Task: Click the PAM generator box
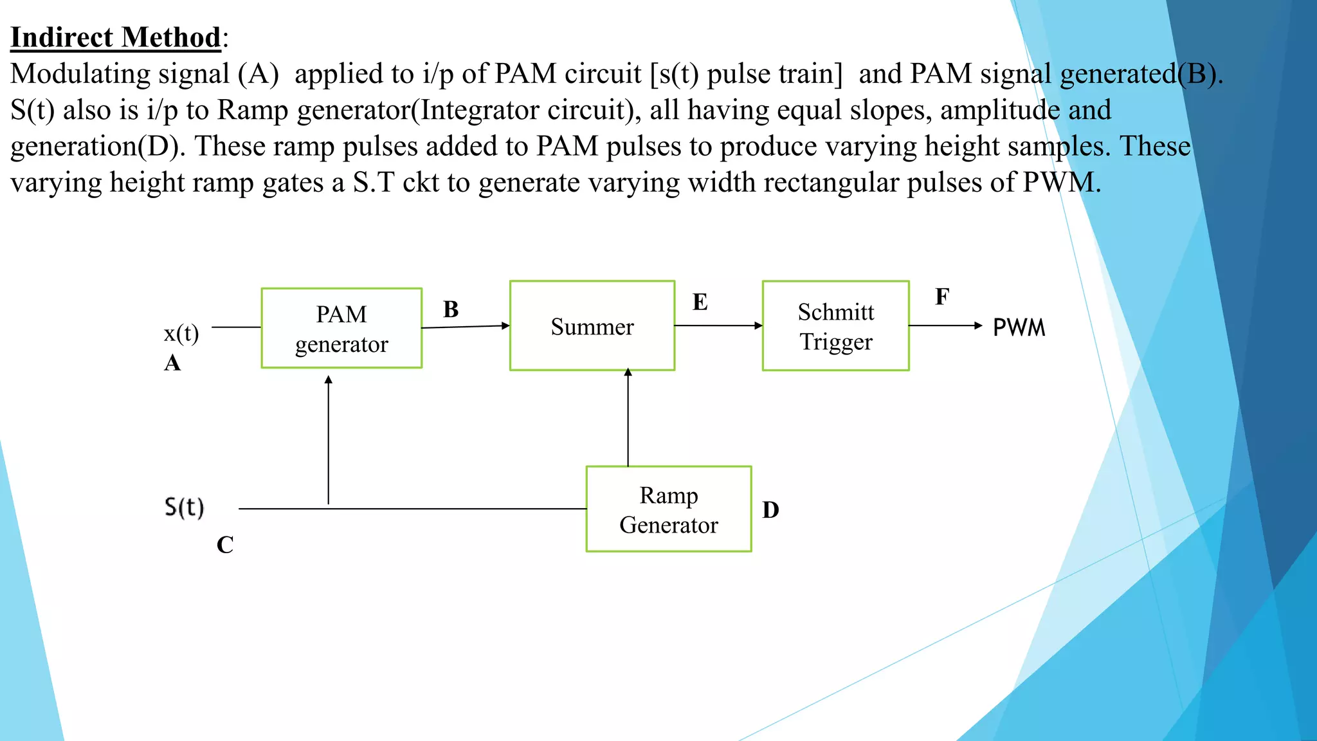point(341,328)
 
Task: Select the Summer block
point(592,326)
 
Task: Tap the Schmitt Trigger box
point(835,326)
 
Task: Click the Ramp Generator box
point(669,509)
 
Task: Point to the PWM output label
point(1019,328)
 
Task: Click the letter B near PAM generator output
point(451,309)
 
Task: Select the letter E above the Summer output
point(700,302)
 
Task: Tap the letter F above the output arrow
point(941,297)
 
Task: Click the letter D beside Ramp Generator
point(770,510)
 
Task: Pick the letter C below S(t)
point(225,545)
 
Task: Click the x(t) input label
point(181,333)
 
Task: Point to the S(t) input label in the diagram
point(184,508)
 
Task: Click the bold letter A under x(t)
point(172,363)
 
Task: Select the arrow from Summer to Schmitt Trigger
point(718,325)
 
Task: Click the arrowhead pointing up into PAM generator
point(329,380)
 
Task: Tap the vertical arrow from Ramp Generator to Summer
point(628,418)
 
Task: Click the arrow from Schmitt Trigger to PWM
point(945,325)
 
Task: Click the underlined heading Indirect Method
point(116,37)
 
